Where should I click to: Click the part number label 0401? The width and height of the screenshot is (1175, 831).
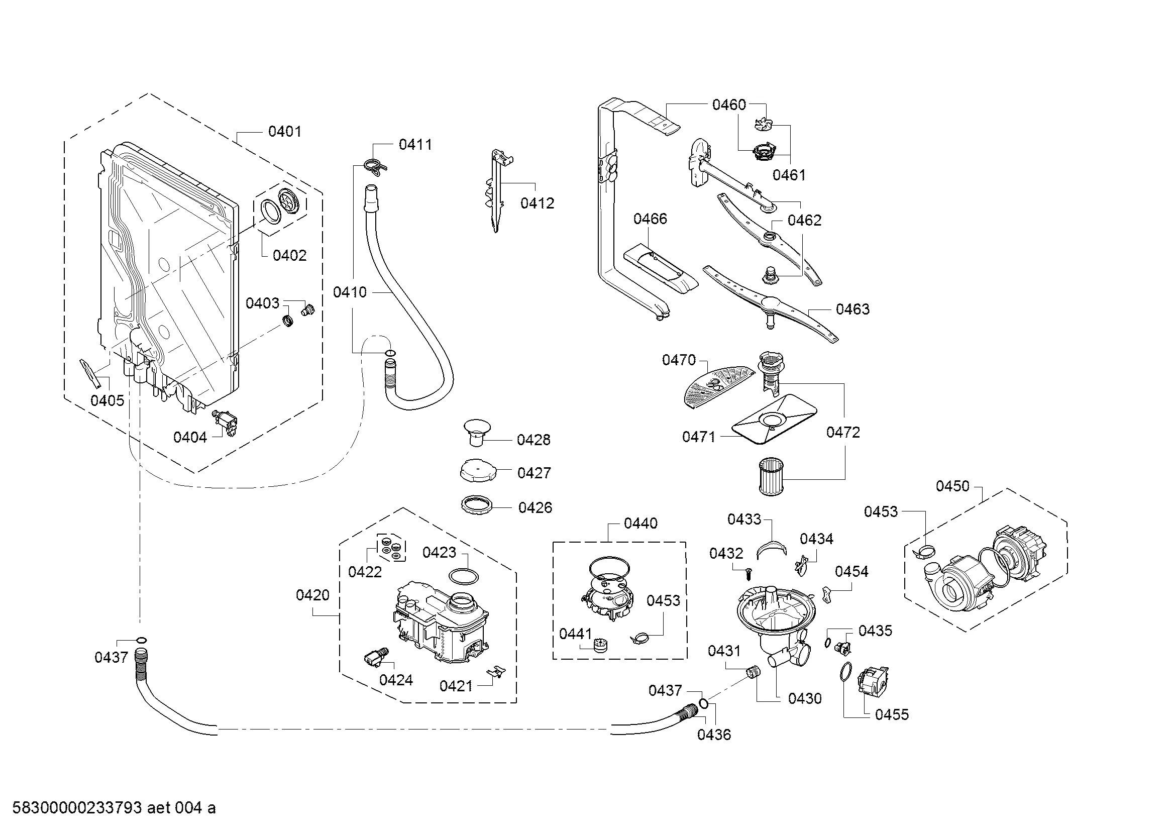click(284, 132)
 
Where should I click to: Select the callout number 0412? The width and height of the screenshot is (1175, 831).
click(538, 203)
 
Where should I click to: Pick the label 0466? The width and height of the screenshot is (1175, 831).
click(650, 219)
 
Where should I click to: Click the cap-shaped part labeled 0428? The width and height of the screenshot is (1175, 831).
click(477, 432)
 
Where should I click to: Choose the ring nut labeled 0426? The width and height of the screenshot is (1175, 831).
click(477, 506)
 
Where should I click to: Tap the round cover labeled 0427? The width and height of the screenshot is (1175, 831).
click(478, 469)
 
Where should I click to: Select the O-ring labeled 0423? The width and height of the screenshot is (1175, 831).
click(465, 576)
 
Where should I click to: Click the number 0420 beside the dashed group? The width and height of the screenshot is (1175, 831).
click(312, 595)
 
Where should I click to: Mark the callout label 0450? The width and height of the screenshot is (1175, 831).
click(952, 486)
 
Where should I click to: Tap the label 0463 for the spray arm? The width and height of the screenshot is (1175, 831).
click(852, 309)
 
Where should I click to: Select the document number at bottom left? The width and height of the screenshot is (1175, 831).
click(114, 808)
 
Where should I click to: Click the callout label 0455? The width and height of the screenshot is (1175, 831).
click(892, 715)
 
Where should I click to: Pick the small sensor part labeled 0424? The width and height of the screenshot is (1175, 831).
click(375, 657)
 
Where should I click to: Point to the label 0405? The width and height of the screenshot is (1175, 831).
click(108, 400)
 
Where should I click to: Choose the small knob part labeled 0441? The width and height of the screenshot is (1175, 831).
click(599, 645)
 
